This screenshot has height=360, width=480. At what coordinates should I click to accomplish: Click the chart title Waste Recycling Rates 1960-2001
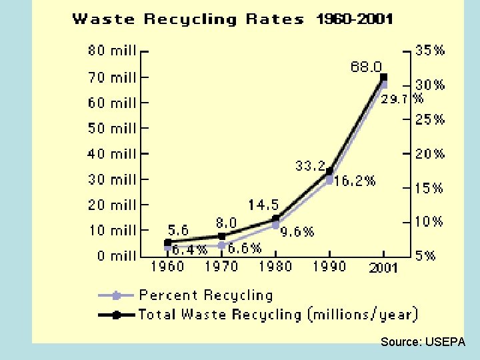(232, 19)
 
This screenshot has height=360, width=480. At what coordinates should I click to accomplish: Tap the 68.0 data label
(366, 67)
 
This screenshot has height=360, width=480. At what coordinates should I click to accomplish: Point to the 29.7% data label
(402, 99)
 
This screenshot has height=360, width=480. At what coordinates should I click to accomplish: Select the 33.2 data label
(311, 165)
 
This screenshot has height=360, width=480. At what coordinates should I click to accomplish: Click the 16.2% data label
(355, 181)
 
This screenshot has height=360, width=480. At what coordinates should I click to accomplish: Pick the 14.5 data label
(263, 205)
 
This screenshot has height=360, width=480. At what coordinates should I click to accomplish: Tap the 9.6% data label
(297, 232)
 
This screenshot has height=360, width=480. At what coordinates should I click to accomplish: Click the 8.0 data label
(225, 223)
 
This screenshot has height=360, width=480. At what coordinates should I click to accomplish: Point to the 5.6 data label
(177, 229)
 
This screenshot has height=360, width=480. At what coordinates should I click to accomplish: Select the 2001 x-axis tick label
(383, 267)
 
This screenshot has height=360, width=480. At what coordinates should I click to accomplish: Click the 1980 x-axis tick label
(275, 267)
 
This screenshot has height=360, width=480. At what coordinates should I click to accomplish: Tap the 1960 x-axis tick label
(167, 267)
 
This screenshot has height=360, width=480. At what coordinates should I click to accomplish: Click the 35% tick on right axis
(430, 51)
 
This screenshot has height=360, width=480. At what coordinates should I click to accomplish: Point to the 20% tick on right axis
(430, 154)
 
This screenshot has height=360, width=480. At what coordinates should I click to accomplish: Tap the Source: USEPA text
(423, 342)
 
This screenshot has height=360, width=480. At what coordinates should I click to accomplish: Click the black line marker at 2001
(383, 77)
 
